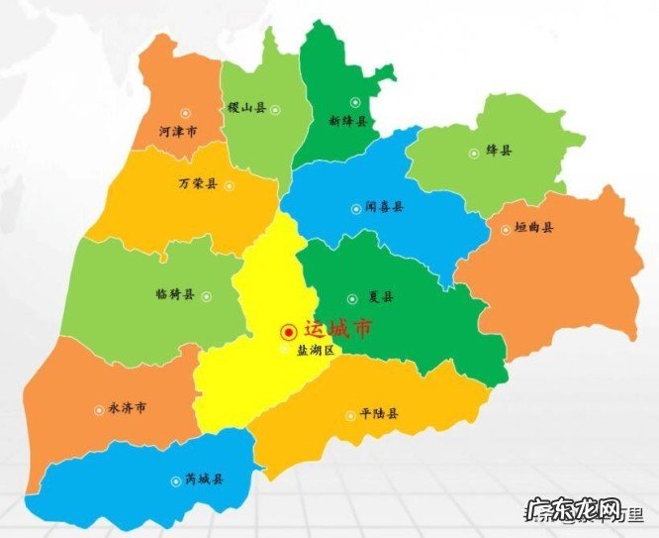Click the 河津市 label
click(x=177, y=131)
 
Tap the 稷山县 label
click(x=246, y=106)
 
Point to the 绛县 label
click(x=500, y=151)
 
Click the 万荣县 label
click(x=198, y=183)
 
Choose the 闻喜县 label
click(x=384, y=208)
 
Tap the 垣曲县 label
click(x=534, y=228)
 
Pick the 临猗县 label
click(x=175, y=294)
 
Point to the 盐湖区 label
click(x=317, y=350)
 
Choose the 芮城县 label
click(x=204, y=480)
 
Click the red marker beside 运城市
click(x=289, y=332)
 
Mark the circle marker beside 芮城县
click(x=175, y=480)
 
